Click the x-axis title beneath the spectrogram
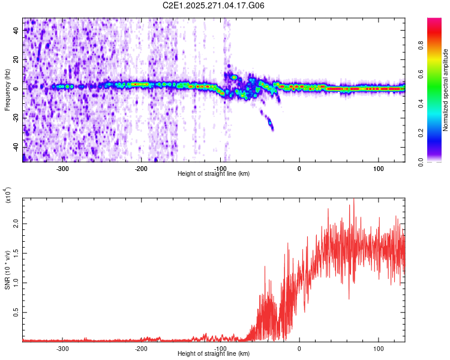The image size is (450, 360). pos(214,173)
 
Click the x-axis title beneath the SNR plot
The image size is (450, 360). pos(214,354)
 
